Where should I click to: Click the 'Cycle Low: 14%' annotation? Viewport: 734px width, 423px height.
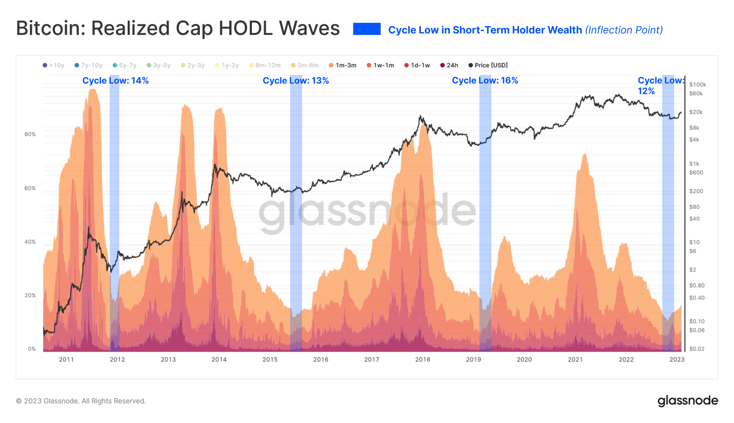tap(115, 81)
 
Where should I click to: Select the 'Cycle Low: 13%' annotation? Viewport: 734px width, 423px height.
tap(295, 81)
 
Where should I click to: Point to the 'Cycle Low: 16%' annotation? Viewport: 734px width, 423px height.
tap(485, 80)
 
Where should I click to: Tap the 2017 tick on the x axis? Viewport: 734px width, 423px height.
tap(372, 359)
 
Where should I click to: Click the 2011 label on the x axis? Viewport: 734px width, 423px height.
tap(66, 359)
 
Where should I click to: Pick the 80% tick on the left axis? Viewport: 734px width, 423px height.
tap(30, 134)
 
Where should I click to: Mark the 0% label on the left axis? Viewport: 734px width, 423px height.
tap(32, 349)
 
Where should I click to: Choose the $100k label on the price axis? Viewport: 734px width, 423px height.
tap(697, 84)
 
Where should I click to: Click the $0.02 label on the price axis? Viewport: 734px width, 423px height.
tap(697, 349)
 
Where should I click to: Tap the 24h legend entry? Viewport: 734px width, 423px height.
tap(449, 65)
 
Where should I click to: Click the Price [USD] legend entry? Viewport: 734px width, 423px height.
tap(488, 65)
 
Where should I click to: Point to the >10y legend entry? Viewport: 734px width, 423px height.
tap(54, 65)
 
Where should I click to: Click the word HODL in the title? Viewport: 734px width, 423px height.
tap(246, 28)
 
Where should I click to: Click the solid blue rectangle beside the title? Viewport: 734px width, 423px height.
tap(367, 29)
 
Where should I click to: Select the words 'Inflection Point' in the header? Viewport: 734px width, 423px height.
tap(624, 30)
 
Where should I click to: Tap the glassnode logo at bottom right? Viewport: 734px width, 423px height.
tap(687, 401)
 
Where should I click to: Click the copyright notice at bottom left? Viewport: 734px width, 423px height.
tap(81, 401)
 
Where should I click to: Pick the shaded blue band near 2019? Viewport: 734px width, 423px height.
tap(485, 220)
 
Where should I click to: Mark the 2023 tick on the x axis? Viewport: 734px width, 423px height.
tap(677, 359)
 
